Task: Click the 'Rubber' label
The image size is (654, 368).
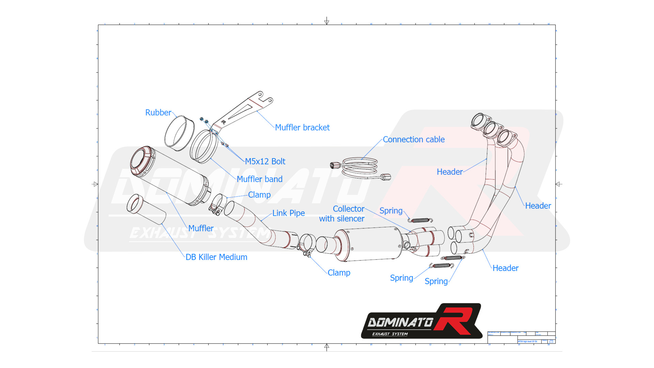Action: coord(158,112)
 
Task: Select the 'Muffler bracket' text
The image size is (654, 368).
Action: coord(302,127)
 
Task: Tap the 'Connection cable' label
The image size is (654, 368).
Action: coord(414,139)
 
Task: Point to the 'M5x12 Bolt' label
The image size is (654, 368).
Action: coord(265,161)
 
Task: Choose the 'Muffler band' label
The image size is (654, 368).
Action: coord(259,179)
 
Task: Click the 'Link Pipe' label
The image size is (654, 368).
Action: coord(288,213)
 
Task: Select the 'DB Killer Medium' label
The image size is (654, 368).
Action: coord(216,257)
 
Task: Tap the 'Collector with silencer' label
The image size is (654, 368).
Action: coord(342,214)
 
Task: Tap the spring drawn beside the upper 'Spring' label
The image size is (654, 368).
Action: coord(420,220)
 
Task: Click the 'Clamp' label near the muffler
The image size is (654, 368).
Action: coord(259,195)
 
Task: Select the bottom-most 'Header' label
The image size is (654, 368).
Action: coord(505,268)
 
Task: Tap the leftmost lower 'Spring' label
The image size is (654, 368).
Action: coord(401,278)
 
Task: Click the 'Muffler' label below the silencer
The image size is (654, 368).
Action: coord(201,228)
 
